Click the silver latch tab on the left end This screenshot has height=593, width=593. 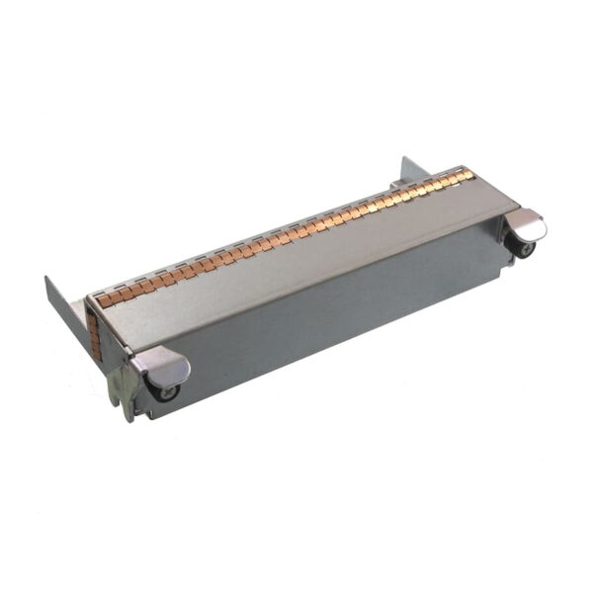pyautogui.click(x=168, y=368)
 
